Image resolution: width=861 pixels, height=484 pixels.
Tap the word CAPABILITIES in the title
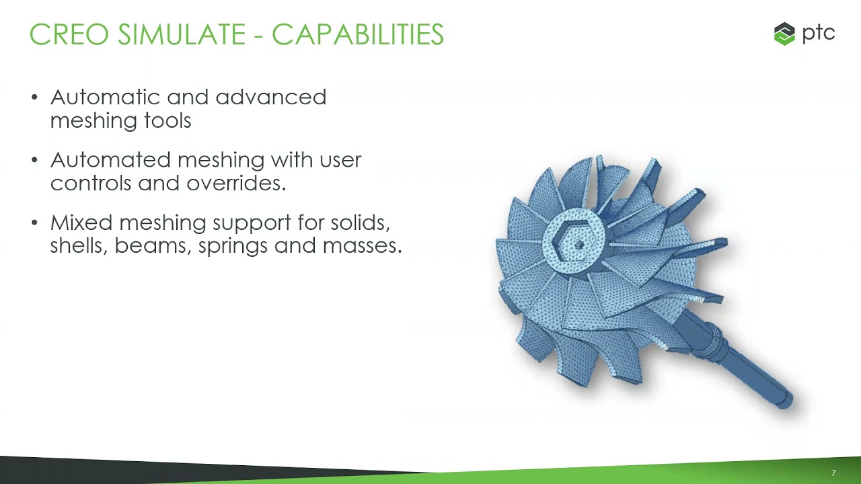click(x=357, y=35)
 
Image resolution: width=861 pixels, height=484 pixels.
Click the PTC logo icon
click(x=784, y=34)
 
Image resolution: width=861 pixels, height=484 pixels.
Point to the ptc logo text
click(x=819, y=33)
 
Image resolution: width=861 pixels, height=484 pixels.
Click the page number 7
click(x=833, y=473)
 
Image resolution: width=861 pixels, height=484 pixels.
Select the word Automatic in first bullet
click(x=105, y=97)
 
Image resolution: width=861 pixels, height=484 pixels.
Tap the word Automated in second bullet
click(x=110, y=160)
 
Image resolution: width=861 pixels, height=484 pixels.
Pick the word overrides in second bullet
click(x=235, y=184)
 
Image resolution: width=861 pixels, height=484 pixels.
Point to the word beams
click(x=153, y=246)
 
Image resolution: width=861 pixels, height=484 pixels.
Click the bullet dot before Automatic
click(x=35, y=98)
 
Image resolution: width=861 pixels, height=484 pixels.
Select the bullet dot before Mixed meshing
click(x=35, y=223)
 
